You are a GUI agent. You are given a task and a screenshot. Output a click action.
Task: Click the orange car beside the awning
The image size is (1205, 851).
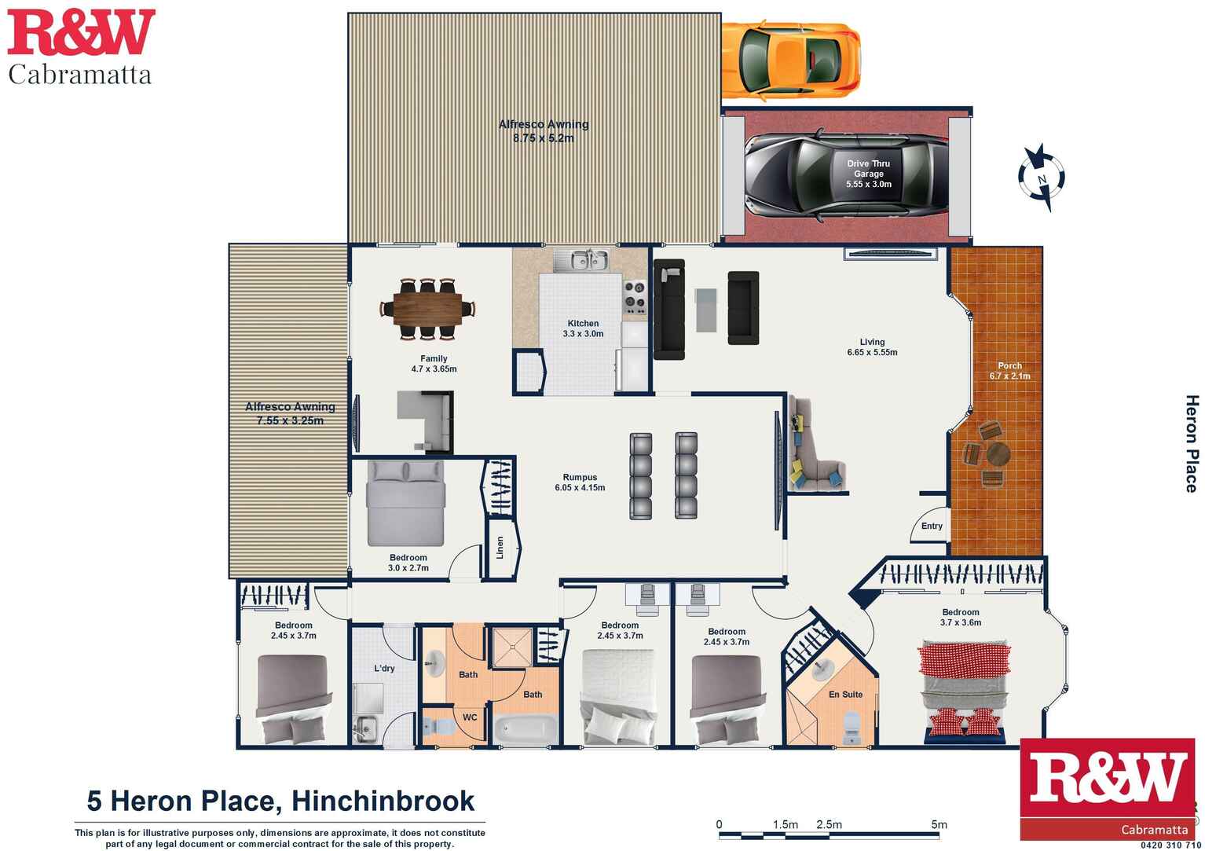(791, 60)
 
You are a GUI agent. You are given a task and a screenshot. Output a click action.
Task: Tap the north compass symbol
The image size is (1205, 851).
(1042, 177)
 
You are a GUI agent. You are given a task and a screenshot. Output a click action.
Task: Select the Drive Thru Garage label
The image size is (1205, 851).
(869, 174)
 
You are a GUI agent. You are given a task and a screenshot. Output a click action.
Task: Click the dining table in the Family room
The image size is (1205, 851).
(427, 309)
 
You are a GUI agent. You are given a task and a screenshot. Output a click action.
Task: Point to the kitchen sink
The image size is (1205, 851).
(581, 261)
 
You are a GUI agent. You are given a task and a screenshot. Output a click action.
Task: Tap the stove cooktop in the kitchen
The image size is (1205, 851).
(634, 297)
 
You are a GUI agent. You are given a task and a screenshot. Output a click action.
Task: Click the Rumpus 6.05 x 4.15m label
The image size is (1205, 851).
(580, 482)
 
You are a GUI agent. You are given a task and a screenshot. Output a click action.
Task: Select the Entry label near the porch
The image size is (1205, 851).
(932, 526)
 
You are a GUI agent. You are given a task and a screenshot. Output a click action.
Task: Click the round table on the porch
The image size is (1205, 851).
(998, 453)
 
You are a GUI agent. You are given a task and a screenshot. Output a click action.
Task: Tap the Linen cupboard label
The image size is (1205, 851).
(500, 548)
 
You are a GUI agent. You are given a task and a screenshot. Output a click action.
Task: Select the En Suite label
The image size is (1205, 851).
(846, 695)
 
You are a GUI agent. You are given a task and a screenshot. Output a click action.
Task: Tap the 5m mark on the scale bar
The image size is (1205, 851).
(939, 824)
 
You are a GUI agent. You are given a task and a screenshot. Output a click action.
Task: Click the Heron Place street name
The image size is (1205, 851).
(1192, 443)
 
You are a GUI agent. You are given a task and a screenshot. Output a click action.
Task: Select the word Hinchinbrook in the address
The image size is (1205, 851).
(383, 801)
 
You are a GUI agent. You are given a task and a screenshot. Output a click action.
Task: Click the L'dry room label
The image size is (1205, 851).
(384, 669)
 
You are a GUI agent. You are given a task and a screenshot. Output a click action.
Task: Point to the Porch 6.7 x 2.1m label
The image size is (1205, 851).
(1009, 370)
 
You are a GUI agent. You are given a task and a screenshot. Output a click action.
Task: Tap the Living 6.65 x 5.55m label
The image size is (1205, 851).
(872, 347)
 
